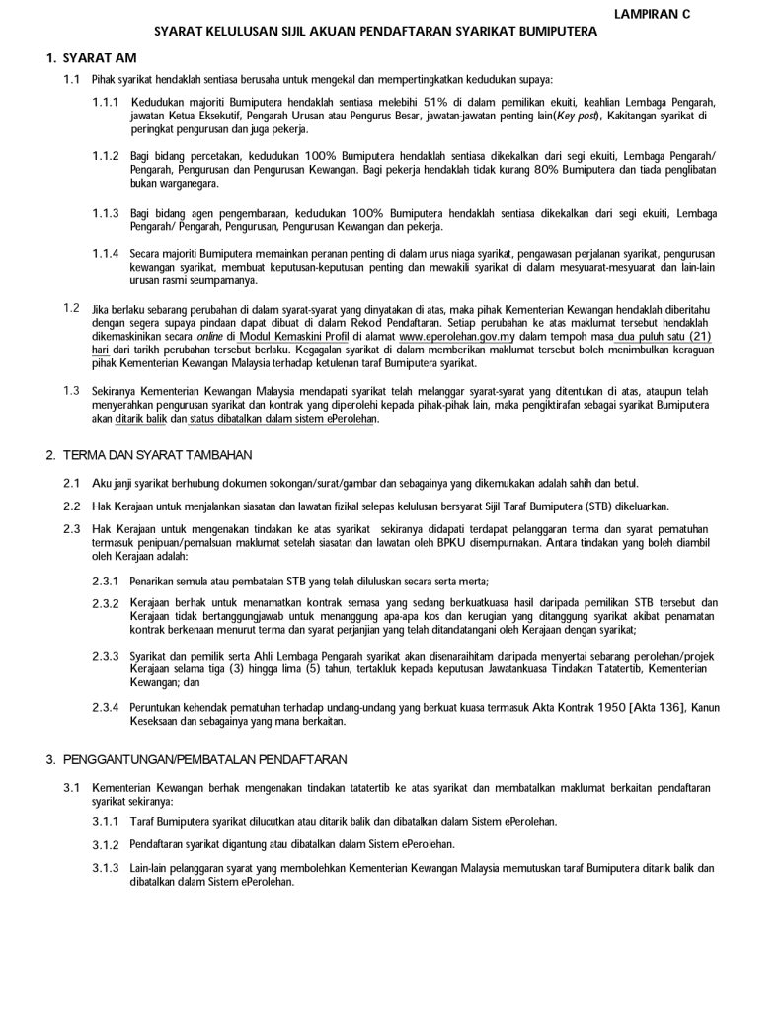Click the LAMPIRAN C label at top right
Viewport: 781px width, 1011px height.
[652, 14]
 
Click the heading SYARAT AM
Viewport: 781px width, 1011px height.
[100, 60]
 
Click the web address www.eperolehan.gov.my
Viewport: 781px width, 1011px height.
[454, 336]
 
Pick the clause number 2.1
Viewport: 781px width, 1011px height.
[71, 482]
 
